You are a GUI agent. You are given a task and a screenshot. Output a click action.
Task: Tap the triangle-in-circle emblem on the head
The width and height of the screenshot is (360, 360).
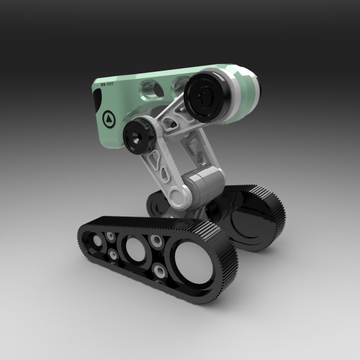(x=109, y=119)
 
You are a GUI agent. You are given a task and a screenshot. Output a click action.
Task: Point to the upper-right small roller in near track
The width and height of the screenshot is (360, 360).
(x=156, y=240)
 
